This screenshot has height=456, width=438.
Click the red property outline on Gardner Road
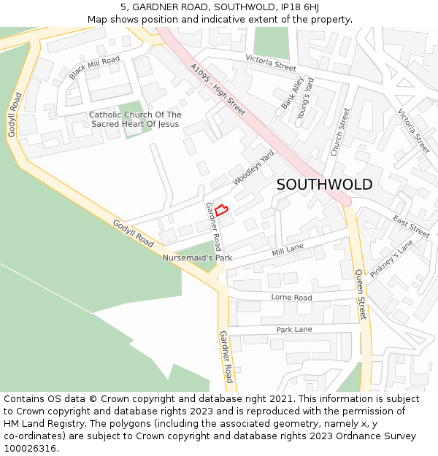[x=222, y=211]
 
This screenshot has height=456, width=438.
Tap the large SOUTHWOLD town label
[x=324, y=185]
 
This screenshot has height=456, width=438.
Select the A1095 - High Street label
[x=218, y=90]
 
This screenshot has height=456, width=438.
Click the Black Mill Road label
[x=94, y=67]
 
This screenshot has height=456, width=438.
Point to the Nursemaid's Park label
[x=197, y=258]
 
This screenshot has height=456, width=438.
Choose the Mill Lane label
[x=288, y=250]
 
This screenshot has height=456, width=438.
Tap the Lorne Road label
[x=291, y=298]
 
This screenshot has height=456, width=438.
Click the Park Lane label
[x=294, y=330]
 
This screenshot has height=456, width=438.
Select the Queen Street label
[x=360, y=295]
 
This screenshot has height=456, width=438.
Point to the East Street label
[x=411, y=226]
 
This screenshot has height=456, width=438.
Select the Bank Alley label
[x=292, y=93]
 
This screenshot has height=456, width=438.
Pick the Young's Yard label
[x=305, y=98]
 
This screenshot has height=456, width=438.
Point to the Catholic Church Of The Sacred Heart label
[x=135, y=120]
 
